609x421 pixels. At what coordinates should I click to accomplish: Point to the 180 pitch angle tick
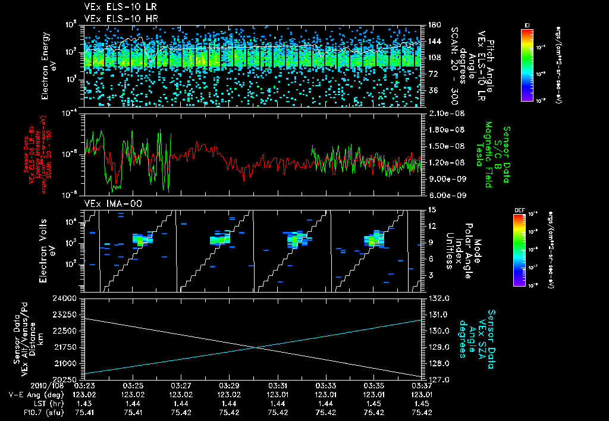(x=430, y=25)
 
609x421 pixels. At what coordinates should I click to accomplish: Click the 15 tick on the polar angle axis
(x=430, y=209)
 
